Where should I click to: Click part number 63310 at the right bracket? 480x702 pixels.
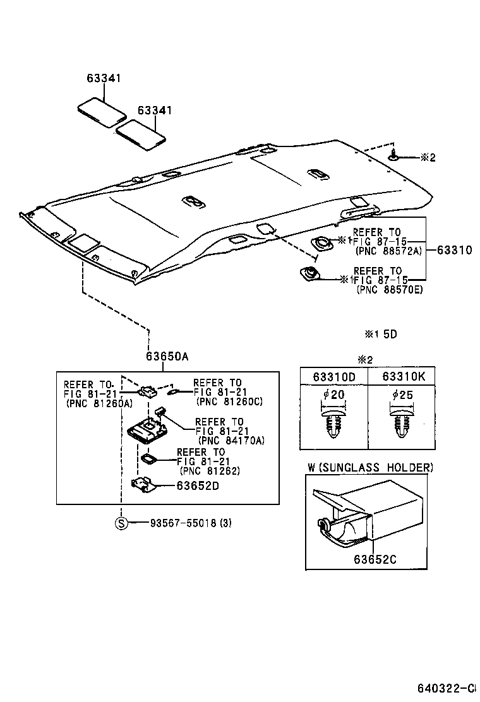click(454, 250)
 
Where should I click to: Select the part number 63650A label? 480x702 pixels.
click(167, 356)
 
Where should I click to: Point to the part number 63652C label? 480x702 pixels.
click(375, 559)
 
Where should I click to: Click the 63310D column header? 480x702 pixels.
click(333, 376)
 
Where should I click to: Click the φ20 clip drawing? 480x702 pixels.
click(333, 424)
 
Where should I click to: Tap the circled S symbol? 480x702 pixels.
click(121, 523)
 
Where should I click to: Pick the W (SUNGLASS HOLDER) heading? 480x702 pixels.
click(370, 467)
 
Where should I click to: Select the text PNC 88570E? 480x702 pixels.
click(390, 289)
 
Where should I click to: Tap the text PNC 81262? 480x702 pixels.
click(210, 470)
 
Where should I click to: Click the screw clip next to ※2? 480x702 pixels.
click(393, 156)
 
